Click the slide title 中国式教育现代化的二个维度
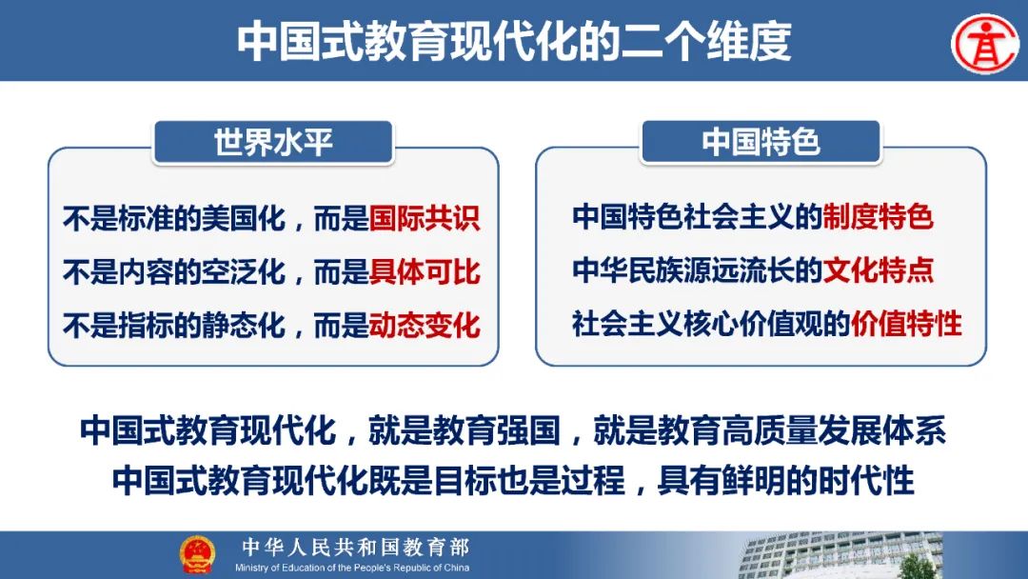[x=514, y=41]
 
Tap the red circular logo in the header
[x=985, y=44]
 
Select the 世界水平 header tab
[x=273, y=142]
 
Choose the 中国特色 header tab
[x=761, y=142]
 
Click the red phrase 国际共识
[x=425, y=218]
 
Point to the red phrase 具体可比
[x=425, y=271]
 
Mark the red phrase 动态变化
[x=425, y=325]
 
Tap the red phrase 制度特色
[x=878, y=216]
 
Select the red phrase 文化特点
[x=878, y=270]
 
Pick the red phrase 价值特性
[x=906, y=323]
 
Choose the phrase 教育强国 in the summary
[x=496, y=431]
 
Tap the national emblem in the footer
[x=197, y=554]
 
